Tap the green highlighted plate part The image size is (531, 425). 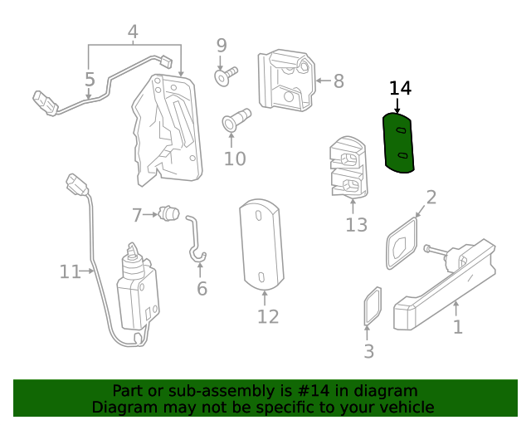[398, 143]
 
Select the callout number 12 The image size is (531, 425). [267, 316]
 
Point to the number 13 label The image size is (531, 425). [356, 225]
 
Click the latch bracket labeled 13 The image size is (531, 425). [348, 167]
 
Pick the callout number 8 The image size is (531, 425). [339, 81]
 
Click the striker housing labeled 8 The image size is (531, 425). [287, 80]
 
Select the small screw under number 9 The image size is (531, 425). [225, 77]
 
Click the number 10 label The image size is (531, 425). [235, 158]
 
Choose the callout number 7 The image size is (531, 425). [137, 216]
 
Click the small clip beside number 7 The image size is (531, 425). [169, 214]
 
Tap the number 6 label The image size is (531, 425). [202, 289]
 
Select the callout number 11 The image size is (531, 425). [70, 271]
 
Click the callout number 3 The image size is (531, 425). [369, 351]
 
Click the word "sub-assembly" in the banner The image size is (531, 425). [191, 391]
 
